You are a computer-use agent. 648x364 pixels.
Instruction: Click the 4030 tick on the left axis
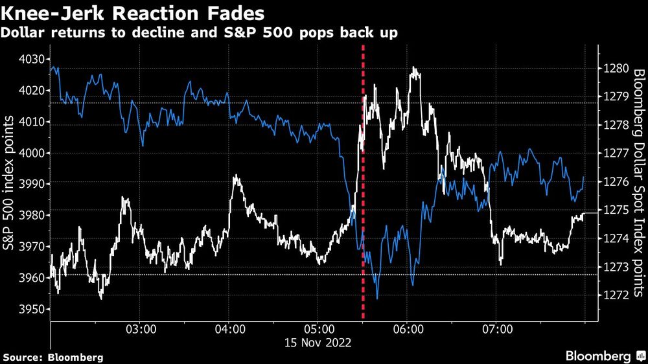[x=31, y=60]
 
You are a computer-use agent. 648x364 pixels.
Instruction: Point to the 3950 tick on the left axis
[x=31, y=310]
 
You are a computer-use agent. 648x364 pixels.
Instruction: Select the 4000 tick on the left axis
[x=31, y=154]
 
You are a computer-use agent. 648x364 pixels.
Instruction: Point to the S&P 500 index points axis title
[x=9, y=181]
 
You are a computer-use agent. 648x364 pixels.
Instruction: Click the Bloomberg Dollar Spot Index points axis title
[x=638, y=181]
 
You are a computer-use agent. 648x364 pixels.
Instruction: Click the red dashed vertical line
[x=363, y=194]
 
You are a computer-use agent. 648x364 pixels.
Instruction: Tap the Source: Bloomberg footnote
[x=53, y=357]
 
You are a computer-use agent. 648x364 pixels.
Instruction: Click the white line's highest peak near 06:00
[x=413, y=68]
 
